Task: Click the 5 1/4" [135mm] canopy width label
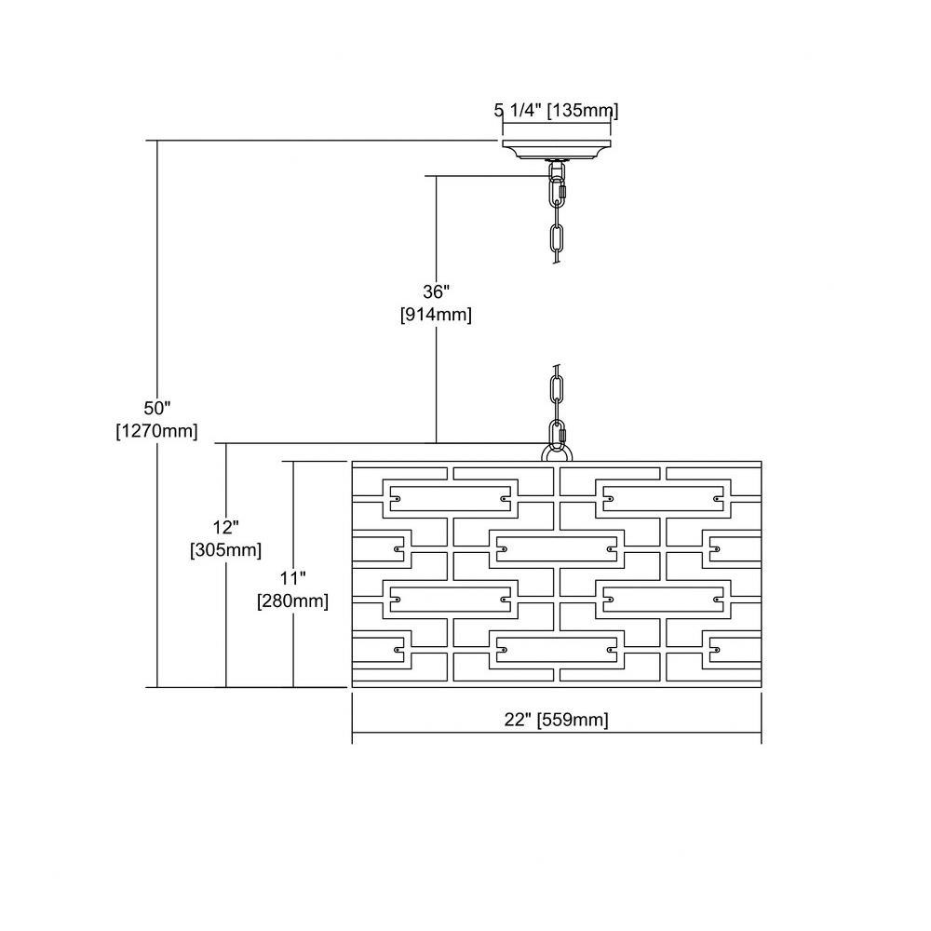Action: [557, 111]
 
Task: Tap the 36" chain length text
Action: [437, 291]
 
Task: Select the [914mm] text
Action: [437, 315]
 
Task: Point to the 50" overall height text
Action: [157, 408]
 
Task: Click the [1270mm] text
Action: [156, 431]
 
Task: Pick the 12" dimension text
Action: [225, 527]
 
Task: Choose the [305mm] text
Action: [225, 550]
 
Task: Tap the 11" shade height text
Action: [292, 578]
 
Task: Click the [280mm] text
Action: [292, 600]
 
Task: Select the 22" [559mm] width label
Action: [557, 720]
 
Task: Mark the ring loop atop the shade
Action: [557, 454]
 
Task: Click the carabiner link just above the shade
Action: [558, 435]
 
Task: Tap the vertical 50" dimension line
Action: [157, 414]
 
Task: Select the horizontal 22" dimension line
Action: [557, 734]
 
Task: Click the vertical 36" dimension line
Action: [437, 309]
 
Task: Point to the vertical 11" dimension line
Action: [293, 574]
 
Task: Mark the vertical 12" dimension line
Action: [226, 565]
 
